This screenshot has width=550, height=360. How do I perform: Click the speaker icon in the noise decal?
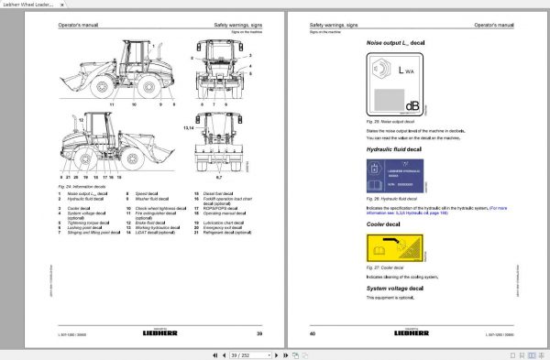click(379, 68)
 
